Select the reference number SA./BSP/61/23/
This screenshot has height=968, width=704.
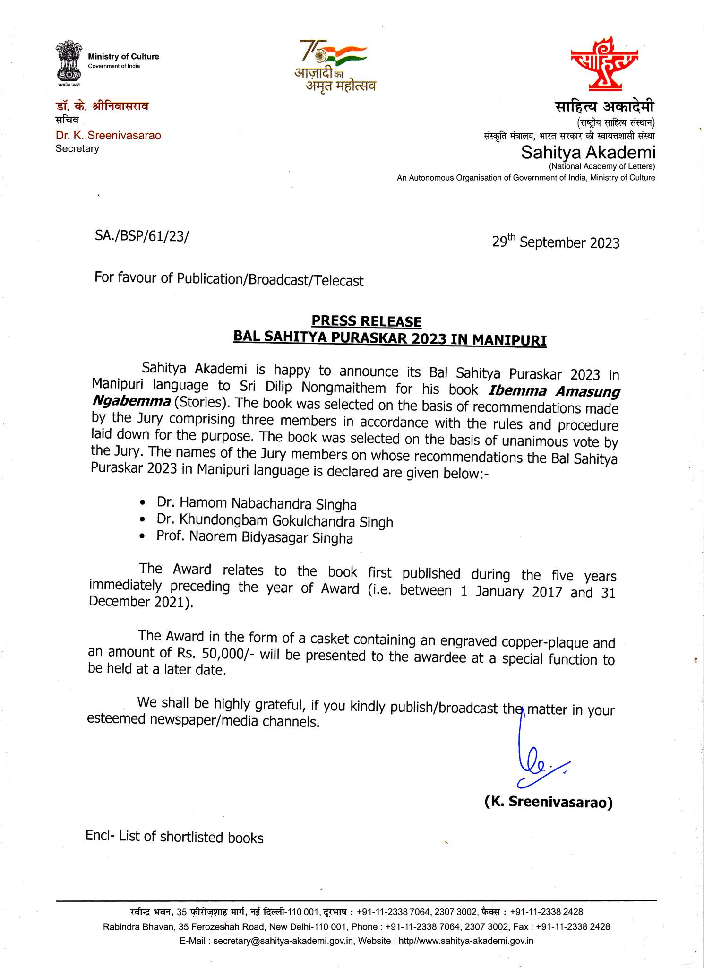click(141, 236)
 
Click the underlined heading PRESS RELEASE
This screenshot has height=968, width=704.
click(366, 322)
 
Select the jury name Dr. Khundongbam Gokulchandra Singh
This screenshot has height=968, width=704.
click(275, 521)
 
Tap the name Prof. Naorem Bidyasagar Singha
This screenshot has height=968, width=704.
click(255, 538)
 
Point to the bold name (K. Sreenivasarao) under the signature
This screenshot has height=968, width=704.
click(548, 802)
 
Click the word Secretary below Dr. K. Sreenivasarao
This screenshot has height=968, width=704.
click(77, 149)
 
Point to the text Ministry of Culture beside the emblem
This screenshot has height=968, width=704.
click(123, 57)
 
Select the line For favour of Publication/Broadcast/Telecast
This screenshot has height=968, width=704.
click(229, 279)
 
